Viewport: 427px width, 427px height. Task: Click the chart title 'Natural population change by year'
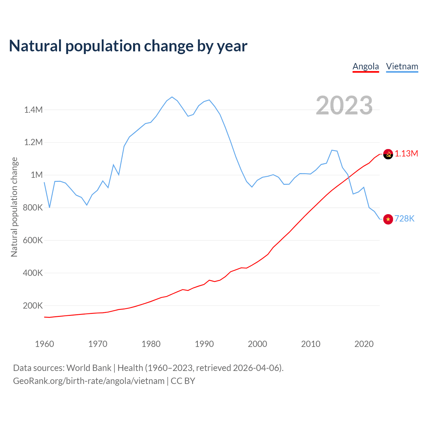128,46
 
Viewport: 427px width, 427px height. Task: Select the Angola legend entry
366,66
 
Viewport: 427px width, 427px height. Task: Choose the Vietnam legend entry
402,66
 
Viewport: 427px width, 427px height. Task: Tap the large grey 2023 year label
344,105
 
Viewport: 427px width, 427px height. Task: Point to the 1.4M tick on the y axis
33,110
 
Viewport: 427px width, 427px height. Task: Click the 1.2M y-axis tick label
33,142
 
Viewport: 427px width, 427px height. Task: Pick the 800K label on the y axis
33,207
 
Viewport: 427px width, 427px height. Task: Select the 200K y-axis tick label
33,306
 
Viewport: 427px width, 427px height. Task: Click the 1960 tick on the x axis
44,344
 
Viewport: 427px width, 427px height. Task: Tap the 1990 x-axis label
204,344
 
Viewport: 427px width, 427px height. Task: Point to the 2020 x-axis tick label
364,344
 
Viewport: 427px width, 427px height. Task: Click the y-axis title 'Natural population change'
14,207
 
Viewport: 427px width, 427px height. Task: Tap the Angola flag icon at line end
388,154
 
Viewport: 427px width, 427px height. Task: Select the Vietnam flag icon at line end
388,219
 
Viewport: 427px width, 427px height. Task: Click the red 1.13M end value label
406,153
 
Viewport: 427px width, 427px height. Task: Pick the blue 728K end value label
404,219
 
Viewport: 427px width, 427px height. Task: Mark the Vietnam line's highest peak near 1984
172,97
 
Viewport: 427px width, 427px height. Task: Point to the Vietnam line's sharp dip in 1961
50,207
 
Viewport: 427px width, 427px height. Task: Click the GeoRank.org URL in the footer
89,381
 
